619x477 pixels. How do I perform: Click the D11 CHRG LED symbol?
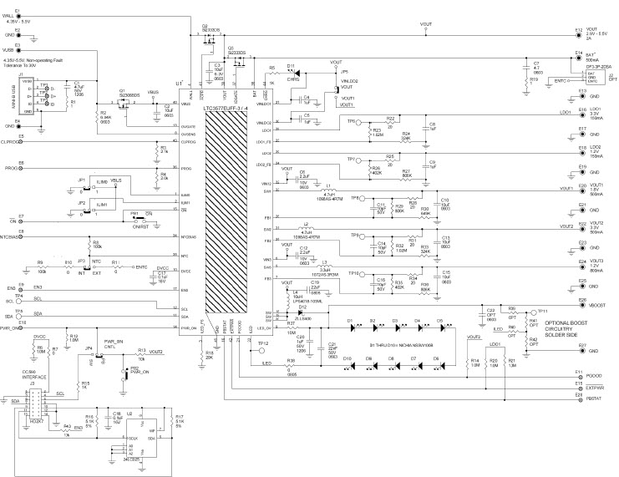pos(290,72)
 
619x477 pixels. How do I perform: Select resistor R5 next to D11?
pos(271,72)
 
